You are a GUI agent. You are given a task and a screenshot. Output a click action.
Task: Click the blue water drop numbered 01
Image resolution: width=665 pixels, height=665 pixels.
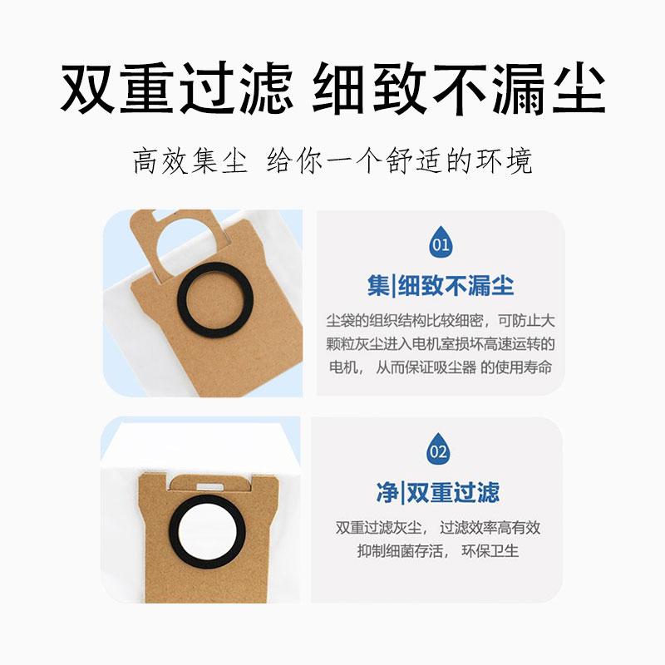point(440,242)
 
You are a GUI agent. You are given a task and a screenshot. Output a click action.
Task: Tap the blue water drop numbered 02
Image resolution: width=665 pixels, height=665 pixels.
point(438,449)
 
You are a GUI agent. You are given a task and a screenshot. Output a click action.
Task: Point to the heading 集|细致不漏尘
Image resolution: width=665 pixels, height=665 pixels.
point(441,286)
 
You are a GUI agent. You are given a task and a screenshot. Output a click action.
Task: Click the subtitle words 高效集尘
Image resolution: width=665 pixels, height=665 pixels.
point(190,160)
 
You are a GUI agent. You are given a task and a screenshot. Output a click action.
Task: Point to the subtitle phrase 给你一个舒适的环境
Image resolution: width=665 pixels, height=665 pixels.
point(399,160)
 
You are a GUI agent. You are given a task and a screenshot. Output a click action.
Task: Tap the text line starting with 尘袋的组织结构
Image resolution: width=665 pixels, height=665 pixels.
point(440,320)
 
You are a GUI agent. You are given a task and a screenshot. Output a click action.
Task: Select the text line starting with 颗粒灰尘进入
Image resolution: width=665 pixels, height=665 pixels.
point(440,343)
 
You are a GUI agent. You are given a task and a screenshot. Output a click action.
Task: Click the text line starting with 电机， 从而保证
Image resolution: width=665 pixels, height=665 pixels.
point(440,367)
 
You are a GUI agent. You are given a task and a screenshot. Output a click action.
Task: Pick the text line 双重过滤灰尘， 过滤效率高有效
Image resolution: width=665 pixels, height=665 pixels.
point(438,527)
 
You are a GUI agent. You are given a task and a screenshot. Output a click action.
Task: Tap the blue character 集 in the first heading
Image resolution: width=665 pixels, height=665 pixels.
point(378,286)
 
